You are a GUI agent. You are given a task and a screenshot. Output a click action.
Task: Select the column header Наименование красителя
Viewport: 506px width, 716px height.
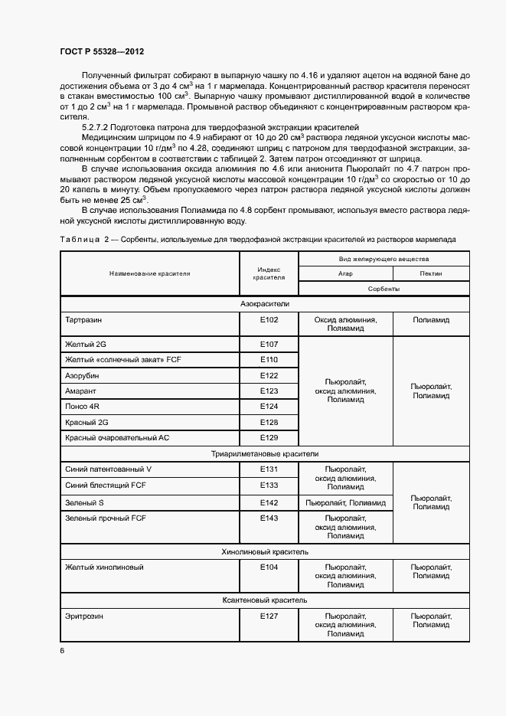(x=149, y=273)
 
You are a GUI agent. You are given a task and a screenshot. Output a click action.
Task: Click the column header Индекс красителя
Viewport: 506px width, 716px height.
(x=268, y=273)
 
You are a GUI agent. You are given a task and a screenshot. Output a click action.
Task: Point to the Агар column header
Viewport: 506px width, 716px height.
(x=345, y=273)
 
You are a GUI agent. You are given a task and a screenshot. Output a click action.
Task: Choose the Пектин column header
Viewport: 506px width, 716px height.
(x=430, y=273)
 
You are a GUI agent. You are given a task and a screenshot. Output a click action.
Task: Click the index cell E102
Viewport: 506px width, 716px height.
(x=268, y=320)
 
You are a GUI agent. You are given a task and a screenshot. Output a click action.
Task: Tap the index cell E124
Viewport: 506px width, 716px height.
(x=268, y=406)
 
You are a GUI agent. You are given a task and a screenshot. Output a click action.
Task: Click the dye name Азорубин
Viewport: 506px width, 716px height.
(x=82, y=376)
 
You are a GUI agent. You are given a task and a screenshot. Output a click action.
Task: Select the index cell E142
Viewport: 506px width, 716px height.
(x=268, y=502)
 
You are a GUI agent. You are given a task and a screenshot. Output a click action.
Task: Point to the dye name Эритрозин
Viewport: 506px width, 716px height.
(x=84, y=616)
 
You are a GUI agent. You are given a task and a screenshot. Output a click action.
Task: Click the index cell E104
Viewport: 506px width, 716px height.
(x=268, y=567)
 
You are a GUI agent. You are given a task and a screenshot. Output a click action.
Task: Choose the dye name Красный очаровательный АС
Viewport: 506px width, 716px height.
(x=116, y=437)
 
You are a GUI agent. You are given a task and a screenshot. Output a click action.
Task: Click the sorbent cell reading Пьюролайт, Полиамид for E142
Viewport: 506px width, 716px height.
(x=345, y=502)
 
